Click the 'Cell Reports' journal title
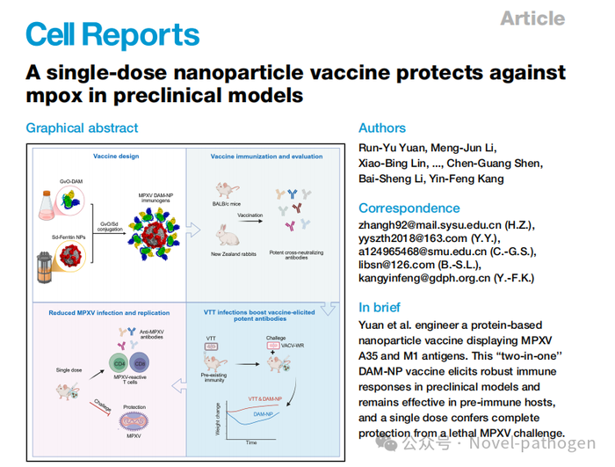[x=112, y=34]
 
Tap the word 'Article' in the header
[x=532, y=18]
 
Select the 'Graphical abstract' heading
[x=82, y=128]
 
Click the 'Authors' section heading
[x=382, y=128]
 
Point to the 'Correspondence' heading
[x=409, y=208]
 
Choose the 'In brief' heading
[x=380, y=307]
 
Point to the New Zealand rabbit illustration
[x=228, y=235]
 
